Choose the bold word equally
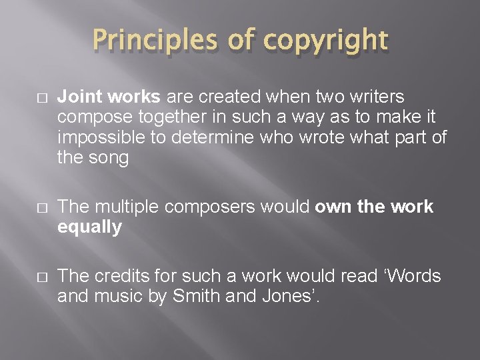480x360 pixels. tap(90, 227)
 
